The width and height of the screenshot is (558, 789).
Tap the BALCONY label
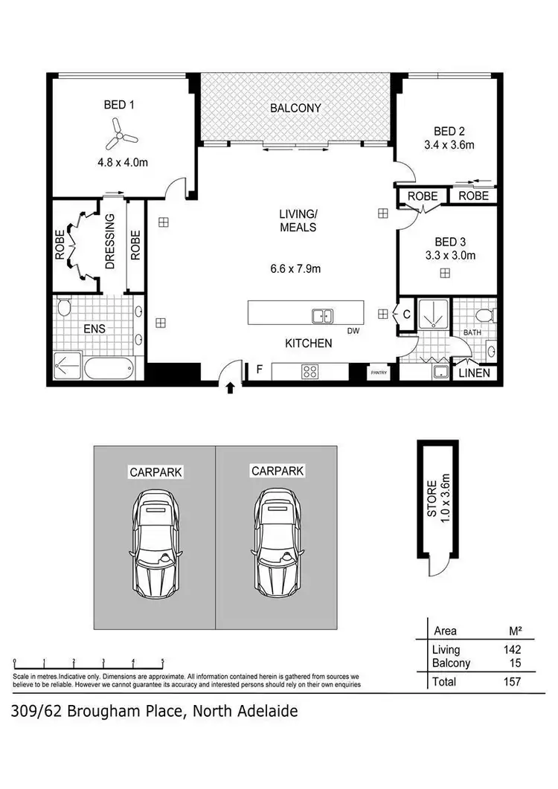pos(295,108)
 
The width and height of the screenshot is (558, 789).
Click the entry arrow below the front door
pos(230,387)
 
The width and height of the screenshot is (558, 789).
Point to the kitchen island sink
pos(323,316)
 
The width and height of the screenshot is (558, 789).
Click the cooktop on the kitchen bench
pos(310,372)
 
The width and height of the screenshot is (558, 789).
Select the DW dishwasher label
pos(353,331)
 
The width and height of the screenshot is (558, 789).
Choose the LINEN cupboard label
pos(474,373)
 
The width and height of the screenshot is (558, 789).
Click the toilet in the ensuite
pos(64,308)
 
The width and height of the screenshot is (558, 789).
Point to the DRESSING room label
pos(111,242)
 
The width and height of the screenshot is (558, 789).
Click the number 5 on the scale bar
pos(162,660)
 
